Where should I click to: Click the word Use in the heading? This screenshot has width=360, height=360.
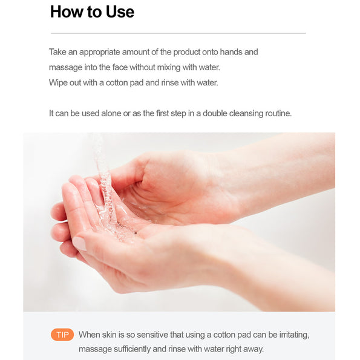[120, 11]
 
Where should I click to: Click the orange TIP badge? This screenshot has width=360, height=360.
[62, 335]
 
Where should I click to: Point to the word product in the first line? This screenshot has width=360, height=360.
[187, 52]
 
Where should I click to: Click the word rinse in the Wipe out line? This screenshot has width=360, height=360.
[169, 83]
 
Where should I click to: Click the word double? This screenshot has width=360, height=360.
[215, 113]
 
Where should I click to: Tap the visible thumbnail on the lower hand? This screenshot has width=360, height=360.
[80, 243]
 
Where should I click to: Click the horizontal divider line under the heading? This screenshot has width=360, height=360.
[178, 33]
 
